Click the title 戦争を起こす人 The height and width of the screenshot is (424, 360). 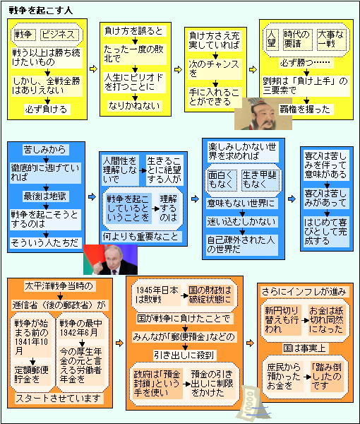[41, 11]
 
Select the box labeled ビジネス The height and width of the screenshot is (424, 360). [60, 35]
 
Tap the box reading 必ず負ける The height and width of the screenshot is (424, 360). [47, 110]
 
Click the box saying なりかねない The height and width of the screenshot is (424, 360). [135, 105]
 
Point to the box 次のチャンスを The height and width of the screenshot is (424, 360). [215, 69]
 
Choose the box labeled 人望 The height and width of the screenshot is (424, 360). [272, 40]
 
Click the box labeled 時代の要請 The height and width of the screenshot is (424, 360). [297, 40]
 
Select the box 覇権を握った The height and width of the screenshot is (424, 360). [306, 110]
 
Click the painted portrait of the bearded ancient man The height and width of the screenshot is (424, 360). [263, 114]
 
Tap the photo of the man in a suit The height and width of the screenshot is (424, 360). [110, 259]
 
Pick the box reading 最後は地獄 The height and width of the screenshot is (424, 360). [45, 196]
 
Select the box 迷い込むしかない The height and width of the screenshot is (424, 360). [242, 222]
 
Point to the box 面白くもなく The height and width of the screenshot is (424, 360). [221, 179]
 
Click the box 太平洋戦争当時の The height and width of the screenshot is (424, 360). [59, 286]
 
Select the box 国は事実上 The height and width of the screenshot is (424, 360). [305, 348]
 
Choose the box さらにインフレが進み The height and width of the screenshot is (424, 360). [304, 291]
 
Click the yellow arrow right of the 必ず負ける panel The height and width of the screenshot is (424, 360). [93, 69]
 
